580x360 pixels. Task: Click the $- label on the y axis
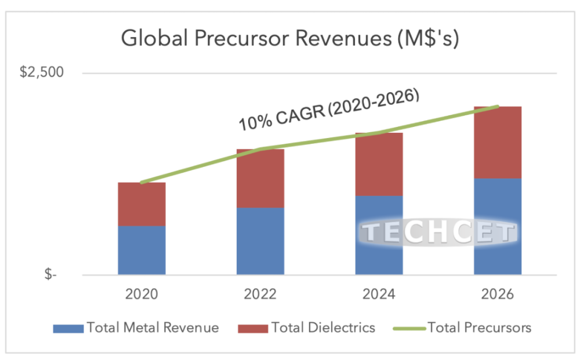click(50, 275)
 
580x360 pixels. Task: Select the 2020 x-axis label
click(142, 294)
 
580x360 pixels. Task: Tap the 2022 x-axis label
click(260, 294)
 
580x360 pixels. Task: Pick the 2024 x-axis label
click(379, 294)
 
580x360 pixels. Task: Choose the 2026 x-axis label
click(498, 294)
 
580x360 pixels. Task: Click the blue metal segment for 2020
click(142, 250)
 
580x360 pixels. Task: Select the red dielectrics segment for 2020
click(142, 204)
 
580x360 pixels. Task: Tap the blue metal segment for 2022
click(260, 241)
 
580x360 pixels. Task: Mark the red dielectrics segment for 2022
click(260, 179)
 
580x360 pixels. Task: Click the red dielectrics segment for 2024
click(379, 165)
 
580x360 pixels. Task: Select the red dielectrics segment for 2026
click(498, 143)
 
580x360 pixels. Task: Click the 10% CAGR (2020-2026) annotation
click(329, 110)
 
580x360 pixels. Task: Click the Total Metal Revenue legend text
click(153, 328)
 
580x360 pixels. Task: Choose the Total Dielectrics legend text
click(324, 328)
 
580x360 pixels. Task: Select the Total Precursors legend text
click(479, 328)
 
